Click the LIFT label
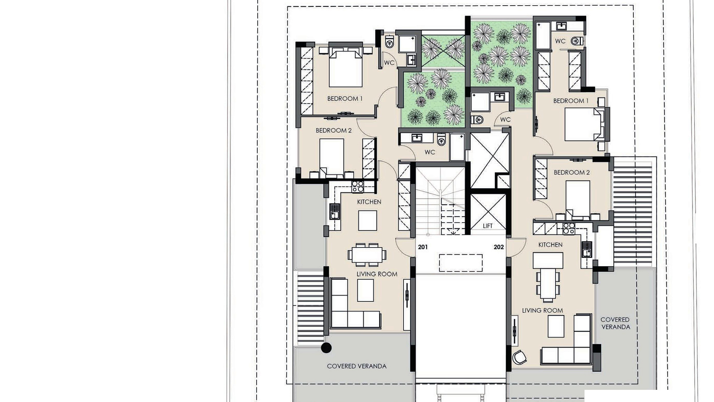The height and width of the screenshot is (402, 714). point(488,226)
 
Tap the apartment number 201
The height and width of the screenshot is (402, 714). point(423,247)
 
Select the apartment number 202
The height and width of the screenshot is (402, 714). point(499,247)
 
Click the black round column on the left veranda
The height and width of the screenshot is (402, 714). point(326,348)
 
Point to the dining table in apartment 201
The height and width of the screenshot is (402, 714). point(367,255)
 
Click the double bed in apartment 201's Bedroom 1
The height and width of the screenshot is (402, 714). point(345,67)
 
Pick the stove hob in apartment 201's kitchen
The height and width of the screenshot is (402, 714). point(357,186)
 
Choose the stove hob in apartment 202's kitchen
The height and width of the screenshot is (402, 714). point(569,228)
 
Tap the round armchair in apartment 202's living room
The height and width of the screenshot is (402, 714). point(519,357)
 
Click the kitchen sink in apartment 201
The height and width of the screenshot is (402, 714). point(335,211)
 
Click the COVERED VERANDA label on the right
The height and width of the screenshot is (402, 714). point(615,323)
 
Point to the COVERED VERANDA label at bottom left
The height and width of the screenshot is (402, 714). point(357,366)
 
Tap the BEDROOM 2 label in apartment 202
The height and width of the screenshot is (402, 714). point(572,172)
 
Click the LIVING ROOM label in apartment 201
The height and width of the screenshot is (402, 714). point(377,274)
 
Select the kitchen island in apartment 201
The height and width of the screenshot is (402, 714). point(367,220)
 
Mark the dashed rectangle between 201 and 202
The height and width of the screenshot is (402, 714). point(461,263)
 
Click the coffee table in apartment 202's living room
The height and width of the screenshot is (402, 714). point(556,326)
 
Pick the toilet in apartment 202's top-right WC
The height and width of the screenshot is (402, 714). point(577,41)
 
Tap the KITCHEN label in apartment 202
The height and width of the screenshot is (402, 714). point(550,245)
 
